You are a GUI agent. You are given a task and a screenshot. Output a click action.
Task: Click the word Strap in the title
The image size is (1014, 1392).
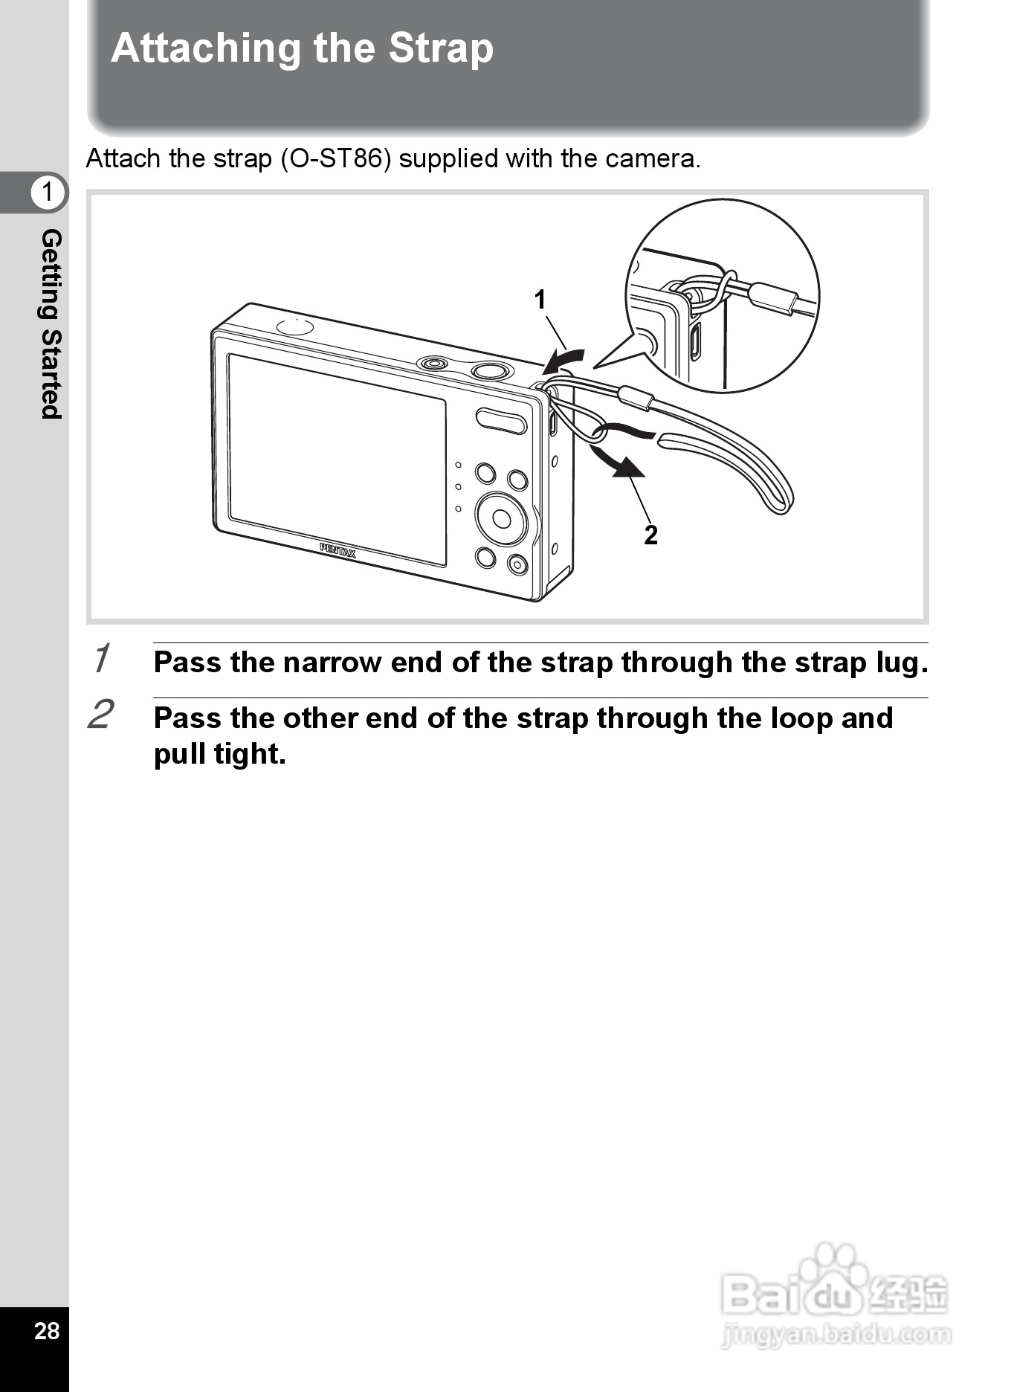pyautogui.click(x=441, y=49)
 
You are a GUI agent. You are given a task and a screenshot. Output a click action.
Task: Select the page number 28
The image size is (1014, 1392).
pyautogui.click(x=46, y=1330)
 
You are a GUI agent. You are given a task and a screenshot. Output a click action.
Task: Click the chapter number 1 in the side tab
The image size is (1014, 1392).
pyautogui.click(x=48, y=192)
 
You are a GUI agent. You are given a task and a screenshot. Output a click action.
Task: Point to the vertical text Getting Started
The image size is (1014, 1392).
pyautogui.click(x=51, y=324)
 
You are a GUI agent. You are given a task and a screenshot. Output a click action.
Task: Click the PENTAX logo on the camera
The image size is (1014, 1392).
pyautogui.click(x=338, y=551)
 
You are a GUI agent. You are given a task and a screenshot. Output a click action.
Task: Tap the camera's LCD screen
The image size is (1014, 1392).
pyautogui.click(x=337, y=459)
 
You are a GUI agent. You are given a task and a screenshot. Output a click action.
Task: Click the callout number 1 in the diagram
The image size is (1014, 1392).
pyautogui.click(x=540, y=300)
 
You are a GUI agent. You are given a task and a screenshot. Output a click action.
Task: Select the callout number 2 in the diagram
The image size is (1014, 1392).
pyautogui.click(x=650, y=535)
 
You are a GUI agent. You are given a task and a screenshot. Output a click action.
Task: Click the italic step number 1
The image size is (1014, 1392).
pyautogui.click(x=102, y=658)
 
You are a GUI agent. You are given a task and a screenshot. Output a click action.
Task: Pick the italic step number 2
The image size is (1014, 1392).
pyautogui.click(x=101, y=715)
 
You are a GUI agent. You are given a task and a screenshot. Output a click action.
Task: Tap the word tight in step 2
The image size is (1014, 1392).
pyautogui.click(x=250, y=754)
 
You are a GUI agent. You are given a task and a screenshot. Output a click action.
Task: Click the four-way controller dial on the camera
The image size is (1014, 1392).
pyautogui.click(x=502, y=518)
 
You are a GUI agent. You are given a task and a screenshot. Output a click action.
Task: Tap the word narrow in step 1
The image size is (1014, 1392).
pyautogui.click(x=332, y=662)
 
